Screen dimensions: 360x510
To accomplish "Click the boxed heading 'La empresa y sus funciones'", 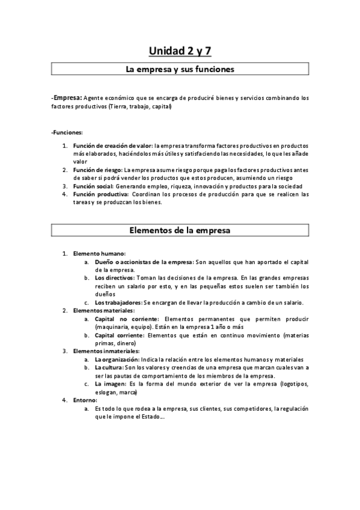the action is (x=180, y=69).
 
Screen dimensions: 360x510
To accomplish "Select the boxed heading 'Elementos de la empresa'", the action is (x=180, y=230).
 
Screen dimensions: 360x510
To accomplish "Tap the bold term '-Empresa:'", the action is (x=67, y=97).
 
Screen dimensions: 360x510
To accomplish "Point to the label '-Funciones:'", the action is (x=67, y=132).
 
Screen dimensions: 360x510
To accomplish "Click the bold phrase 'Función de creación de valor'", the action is (x=112, y=146).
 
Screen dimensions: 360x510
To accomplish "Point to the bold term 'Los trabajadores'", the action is (x=118, y=302).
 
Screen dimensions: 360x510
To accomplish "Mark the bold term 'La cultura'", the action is (x=108, y=367).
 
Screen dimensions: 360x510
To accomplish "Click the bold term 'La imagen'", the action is (x=108, y=383).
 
